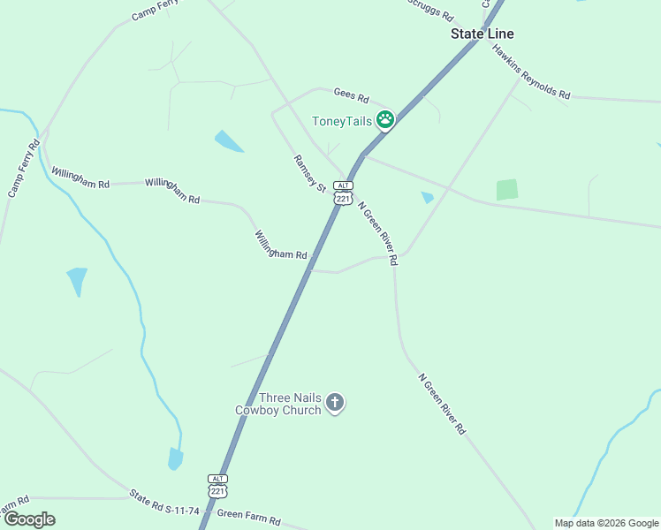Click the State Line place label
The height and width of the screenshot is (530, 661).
coord(482,34)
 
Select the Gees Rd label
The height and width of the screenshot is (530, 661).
coord(351,95)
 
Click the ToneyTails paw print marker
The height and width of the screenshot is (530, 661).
coord(385,120)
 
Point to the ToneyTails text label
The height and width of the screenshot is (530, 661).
coord(341,121)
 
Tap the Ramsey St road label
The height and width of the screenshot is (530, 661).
coord(310,171)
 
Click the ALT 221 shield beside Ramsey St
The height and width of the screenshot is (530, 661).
coord(343,193)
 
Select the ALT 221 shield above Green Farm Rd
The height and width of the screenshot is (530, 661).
coord(218,484)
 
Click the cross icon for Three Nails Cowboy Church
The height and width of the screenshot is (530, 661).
coord(335,403)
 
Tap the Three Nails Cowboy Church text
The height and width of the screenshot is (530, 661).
coord(278,404)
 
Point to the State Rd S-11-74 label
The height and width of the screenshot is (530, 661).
coord(164,503)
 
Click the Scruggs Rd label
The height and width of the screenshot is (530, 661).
coord(430,10)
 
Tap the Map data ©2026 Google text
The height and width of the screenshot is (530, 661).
coord(606,523)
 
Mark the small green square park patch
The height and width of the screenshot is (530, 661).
coord(506,189)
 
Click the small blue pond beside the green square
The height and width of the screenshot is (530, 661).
coord(428,197)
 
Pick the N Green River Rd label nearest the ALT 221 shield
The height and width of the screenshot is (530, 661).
coord(377,233)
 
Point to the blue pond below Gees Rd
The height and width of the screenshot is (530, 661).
coord(228,140)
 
